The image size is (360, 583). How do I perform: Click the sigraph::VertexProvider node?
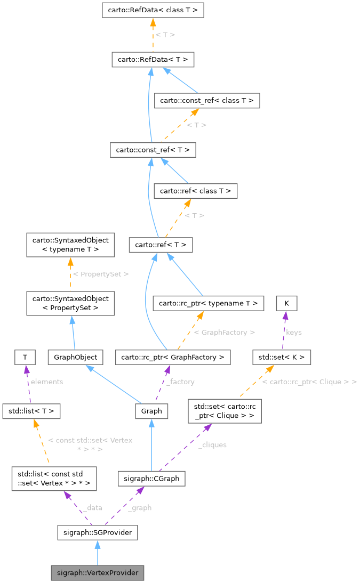[x=97, y=573]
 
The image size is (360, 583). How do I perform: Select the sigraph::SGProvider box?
[x=97, y=532]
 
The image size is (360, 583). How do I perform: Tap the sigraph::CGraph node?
[x=151, y=479]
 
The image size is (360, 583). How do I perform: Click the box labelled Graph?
[x=151, y=411]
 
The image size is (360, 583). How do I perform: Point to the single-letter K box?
[x=286, y=303]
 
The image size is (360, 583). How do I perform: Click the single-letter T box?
[x=25, y=357]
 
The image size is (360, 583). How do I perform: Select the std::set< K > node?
[x=282, y=357]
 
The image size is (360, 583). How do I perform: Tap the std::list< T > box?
[x=31, y=411]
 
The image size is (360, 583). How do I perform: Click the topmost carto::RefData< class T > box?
[x=153, y=10]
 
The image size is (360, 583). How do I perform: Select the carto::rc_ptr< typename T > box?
[x=209, y=303]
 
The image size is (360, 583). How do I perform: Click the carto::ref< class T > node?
[x=195, y=190]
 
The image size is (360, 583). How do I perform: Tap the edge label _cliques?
[x=212, y=445]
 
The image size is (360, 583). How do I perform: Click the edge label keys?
[x=293, y=332]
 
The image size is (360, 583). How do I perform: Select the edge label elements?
[x=47, y=382]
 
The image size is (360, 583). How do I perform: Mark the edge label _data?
[x=92, y=508]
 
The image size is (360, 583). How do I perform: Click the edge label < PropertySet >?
[x=100, y=274]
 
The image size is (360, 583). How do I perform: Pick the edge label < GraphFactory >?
[x=224, y=332]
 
